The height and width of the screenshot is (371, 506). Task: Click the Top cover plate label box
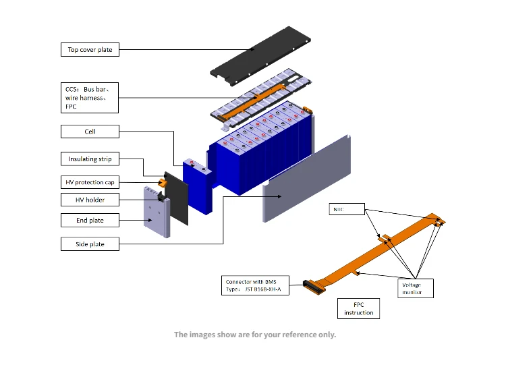[90, 49]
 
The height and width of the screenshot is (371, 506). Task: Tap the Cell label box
[90, 132]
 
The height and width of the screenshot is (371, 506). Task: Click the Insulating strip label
[90, 159]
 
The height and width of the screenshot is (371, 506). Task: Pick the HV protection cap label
[90, 182]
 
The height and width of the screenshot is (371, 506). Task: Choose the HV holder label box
[90, 200]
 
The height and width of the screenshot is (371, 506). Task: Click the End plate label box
[90, 220]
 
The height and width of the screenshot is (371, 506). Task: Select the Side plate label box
[90, 244]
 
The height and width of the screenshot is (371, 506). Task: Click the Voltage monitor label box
[412, 289]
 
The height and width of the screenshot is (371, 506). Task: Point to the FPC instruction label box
[358, 308]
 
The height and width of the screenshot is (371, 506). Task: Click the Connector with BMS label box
[255, 285]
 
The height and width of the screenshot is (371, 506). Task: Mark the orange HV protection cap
[162, 182]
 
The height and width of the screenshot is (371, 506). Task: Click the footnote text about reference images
[254, 335]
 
